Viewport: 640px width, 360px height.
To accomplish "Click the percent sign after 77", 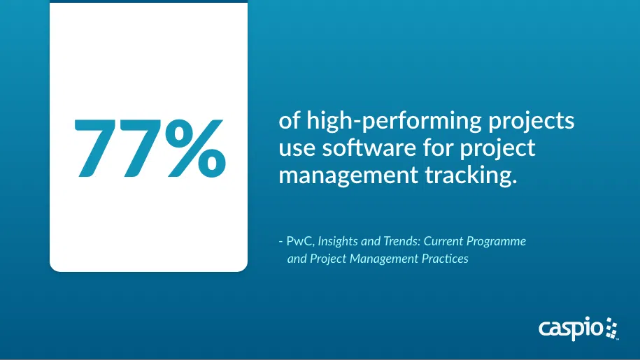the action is click(197, 148).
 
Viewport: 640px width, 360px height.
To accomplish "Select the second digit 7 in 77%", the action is click(141, 148).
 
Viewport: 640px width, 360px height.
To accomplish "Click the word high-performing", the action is click(394, 122).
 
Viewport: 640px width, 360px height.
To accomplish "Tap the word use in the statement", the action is click(297, 149).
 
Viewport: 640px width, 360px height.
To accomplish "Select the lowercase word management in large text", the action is click(348, 176).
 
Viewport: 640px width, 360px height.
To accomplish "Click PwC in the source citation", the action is click(300, 241).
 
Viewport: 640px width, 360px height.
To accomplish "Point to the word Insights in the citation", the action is click(338, 241).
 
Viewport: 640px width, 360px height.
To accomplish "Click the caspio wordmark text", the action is click(571, 329).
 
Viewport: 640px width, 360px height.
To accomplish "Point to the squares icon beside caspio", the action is click(611, 329).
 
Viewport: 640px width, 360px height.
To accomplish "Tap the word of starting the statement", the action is click(290, 122).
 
